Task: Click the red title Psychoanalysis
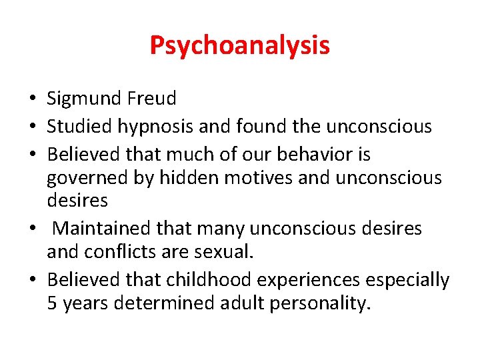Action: pyautogui.click(x=239, y=45)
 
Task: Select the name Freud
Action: pyautogui.click(x=155, y=99)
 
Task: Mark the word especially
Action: pyautogui.click(x=409, y=281)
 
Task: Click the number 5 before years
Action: pyautogui.click(x=52, y=304)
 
